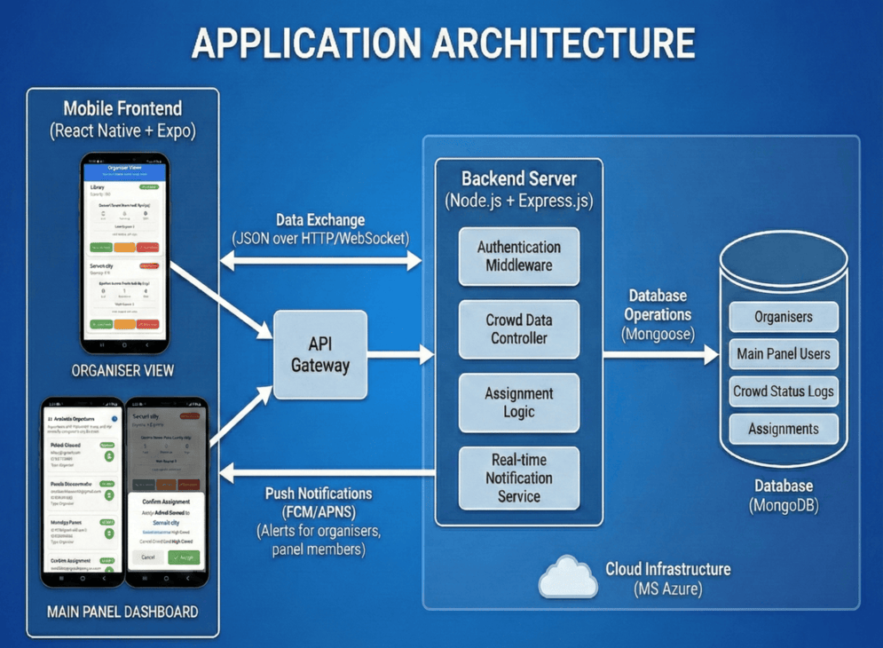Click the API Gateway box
pos(320,354)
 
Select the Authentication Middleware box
pos(519,256)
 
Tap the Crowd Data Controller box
pos(519,328)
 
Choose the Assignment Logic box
pos(519,402)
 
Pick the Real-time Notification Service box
pos(519,478)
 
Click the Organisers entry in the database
pos(783,317)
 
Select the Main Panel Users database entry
pos(783,354)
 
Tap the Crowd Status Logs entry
pos(783,391)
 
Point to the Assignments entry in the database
pos(783,429)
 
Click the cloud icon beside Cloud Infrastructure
pos(568,577)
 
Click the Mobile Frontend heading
pos(122,109)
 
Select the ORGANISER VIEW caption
pos(122,370)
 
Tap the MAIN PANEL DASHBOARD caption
pos(122,612)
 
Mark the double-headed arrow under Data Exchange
pos(320,260)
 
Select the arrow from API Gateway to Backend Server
pos(400,355)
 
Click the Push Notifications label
pos(319,494)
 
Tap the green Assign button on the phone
pos(184,557)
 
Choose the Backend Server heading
pos(519,178)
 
